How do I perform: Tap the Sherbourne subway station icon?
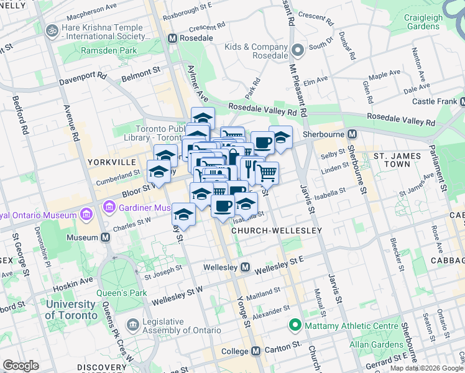(x=352, y=134)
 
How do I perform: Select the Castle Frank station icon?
(x=461, y=101)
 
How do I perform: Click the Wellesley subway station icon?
(x=246, y=267)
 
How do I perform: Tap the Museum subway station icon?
(x=106, y=237)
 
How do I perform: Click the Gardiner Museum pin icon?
(x=111, y=206)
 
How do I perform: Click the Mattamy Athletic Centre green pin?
(x=296, y=325)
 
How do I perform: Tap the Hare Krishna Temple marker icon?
(x=52, y=30)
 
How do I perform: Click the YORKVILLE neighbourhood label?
(x=111, y=162)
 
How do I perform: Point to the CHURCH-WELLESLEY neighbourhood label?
(x=276, y=231)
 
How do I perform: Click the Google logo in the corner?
(x=21, y=366)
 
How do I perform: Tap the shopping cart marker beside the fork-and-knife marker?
(x=267, y=172)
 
